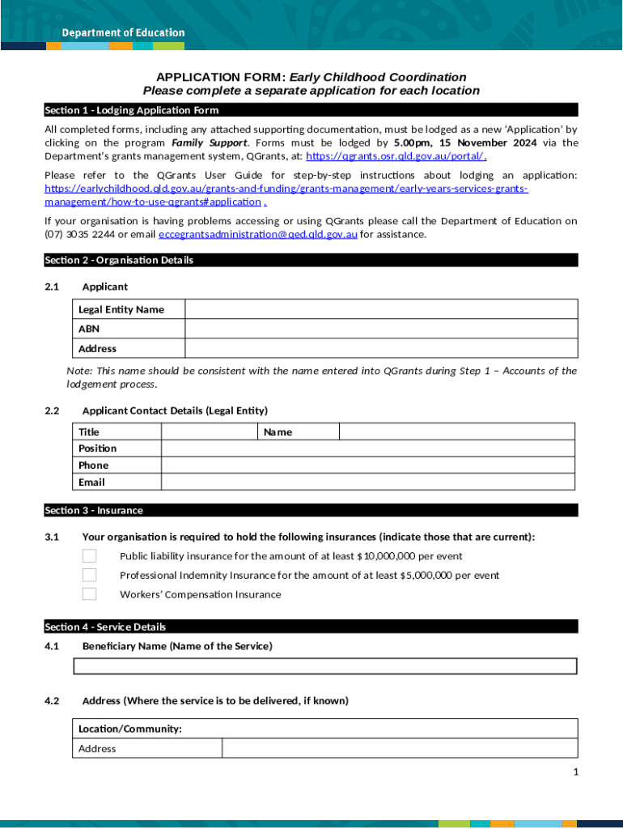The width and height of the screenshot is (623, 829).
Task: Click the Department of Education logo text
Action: pos(124,33)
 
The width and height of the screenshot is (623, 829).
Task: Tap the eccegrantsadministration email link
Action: pos(258,235)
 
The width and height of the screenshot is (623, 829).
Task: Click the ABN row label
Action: pos(89,329)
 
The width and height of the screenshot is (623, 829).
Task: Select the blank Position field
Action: pos(368,449)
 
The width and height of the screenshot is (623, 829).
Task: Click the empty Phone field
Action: pos(368,466)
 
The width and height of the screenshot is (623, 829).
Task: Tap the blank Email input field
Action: pos(368,483)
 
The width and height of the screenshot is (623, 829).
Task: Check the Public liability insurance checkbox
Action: pos(89,556)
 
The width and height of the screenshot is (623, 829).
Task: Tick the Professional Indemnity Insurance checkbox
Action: pos(89,576)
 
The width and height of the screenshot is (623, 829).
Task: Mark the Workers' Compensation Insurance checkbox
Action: pos(89,594)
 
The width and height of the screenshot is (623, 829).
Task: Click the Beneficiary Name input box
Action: pos(325,666)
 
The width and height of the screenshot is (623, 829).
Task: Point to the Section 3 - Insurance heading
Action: pos(94,511)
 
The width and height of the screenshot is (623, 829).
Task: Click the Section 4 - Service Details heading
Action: pos(105,627)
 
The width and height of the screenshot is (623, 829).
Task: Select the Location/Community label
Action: pos(130,729)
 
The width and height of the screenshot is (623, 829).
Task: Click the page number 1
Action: pos(575,772)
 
